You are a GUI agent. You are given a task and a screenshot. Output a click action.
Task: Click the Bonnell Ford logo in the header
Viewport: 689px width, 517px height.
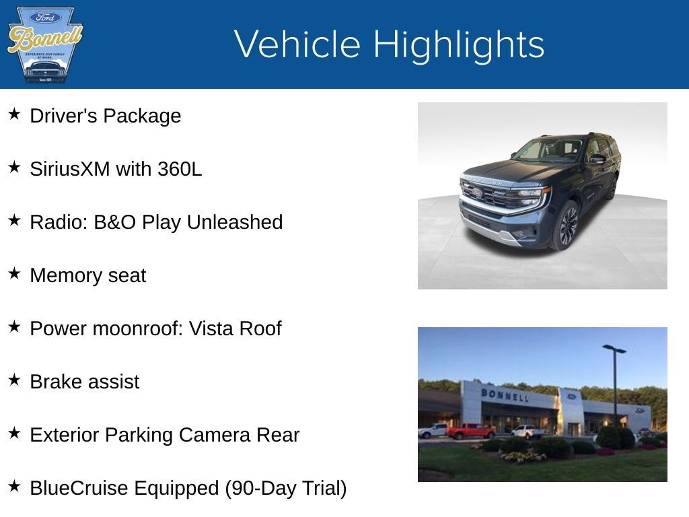point(44,44)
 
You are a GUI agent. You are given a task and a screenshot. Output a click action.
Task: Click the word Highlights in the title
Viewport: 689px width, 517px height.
point(458,44)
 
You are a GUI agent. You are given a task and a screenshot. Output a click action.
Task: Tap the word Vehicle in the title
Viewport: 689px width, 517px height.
point(297,44)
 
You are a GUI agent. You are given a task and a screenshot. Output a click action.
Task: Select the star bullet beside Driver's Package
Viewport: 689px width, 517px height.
point(14,114)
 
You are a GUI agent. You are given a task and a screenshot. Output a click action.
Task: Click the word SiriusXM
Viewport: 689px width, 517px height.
point(69,169)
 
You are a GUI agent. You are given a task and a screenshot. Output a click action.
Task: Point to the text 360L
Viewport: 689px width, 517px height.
point(180,169)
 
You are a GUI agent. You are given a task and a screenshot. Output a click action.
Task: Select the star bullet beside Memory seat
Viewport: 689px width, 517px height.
point(14,274)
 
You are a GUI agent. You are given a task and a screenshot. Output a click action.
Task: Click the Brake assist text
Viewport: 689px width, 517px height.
point(85,382)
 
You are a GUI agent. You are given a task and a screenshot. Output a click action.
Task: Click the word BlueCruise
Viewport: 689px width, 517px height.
point(79,488)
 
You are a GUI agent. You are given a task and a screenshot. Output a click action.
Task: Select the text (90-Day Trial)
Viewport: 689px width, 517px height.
point(285,488)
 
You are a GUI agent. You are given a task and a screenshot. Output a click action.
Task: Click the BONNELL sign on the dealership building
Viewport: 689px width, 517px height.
point(505,394)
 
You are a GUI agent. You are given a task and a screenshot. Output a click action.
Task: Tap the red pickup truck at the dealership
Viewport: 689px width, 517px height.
point(470,431)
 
